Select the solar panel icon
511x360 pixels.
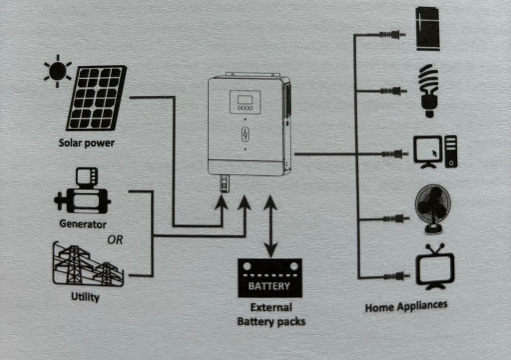pos(97,98)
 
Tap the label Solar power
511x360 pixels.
pos(86,143)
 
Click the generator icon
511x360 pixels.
pos(82,193)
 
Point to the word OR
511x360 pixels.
pos(114,240)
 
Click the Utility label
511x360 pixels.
pos(85,297)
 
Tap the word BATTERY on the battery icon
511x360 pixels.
pos(269,286)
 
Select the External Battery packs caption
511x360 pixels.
pos(271,314)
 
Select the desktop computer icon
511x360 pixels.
pos(435,152)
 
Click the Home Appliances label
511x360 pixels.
pos(406,306)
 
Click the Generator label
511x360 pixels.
pos(83,224)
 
